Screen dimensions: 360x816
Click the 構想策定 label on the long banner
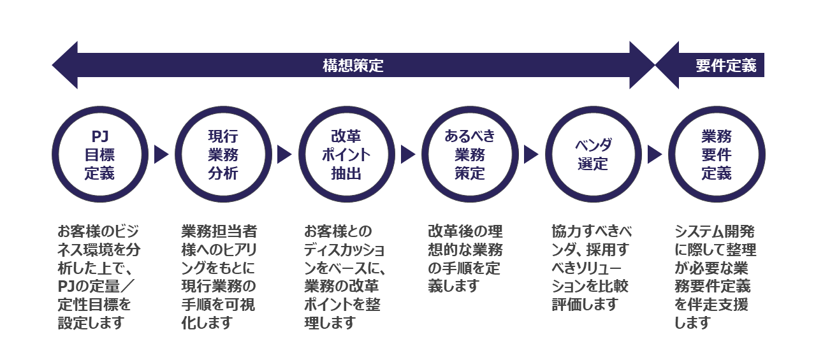coord(353,66)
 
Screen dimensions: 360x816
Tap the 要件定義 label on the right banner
coord(725,66)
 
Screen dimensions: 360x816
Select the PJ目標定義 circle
coord(99,155)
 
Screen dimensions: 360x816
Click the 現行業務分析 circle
coord(223,155)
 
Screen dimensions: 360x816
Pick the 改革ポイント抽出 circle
coord(346,155)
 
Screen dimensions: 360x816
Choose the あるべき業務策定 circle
coord(470,155)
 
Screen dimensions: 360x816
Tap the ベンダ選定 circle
coord(593,155)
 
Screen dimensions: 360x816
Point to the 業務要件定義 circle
coord(717,155)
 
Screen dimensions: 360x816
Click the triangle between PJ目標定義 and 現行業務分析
coord(161,155)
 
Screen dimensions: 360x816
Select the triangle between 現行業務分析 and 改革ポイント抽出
coord(284,155)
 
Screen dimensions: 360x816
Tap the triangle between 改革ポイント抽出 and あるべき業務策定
coord(408,155)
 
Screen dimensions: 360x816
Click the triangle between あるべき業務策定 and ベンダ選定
coord(531,155)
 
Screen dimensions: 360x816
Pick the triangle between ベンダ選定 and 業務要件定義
coord(655,155)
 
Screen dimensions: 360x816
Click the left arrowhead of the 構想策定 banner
coord(66,66)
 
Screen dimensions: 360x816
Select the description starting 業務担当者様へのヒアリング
coord(219,277)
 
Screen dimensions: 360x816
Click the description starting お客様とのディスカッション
coord(344,277)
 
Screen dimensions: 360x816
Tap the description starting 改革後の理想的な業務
coord(465,259)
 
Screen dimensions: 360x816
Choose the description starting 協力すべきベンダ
coord(591,268)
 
